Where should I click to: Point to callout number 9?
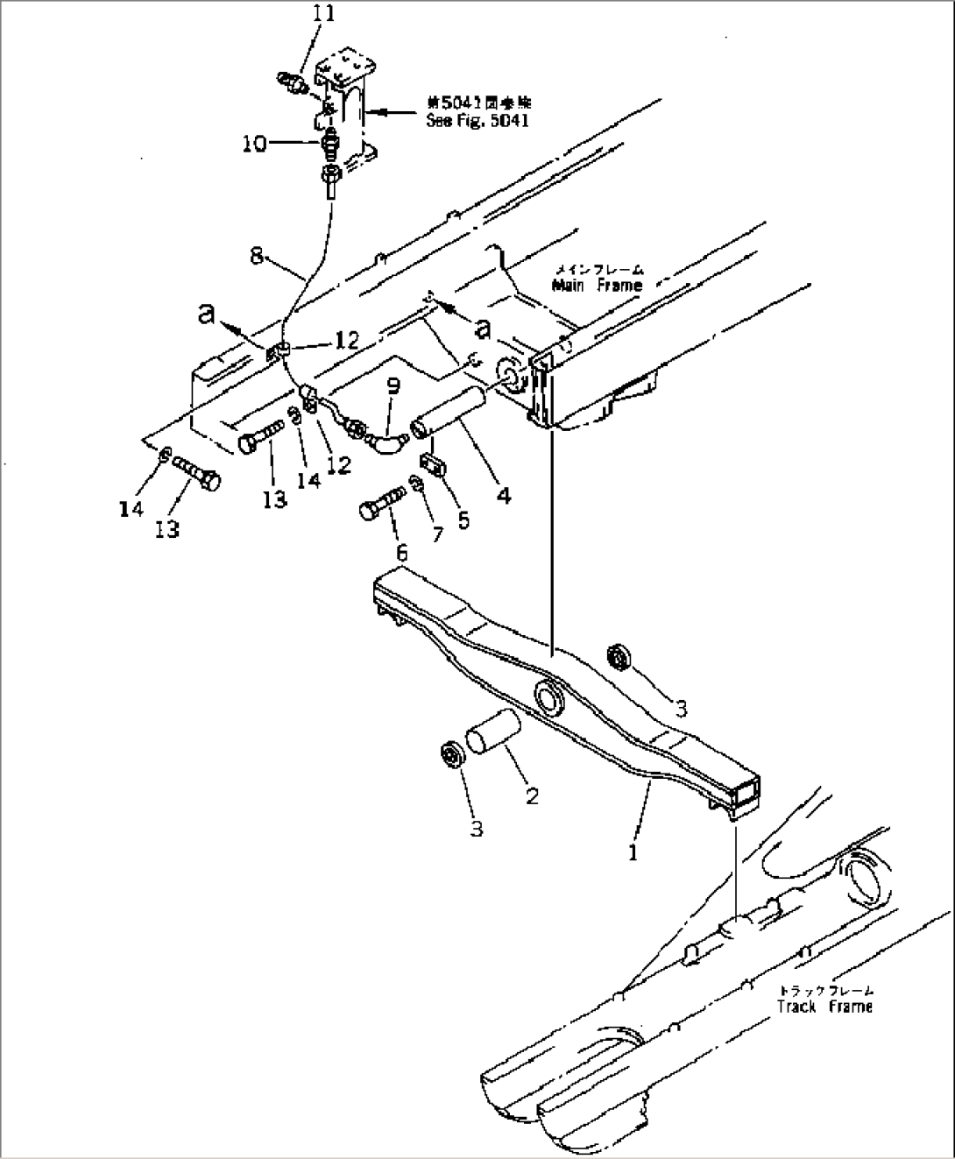click(393, 384)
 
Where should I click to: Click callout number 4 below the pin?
click(503, 496)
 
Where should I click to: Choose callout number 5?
click(463, 520)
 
